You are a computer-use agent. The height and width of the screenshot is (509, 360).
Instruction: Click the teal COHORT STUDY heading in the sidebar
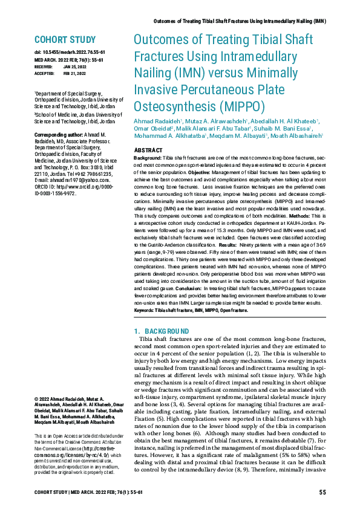point(64,41)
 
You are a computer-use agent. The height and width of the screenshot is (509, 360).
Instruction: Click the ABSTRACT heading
point(148,149)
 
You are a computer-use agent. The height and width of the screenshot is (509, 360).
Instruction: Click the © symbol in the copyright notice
point(37,400)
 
